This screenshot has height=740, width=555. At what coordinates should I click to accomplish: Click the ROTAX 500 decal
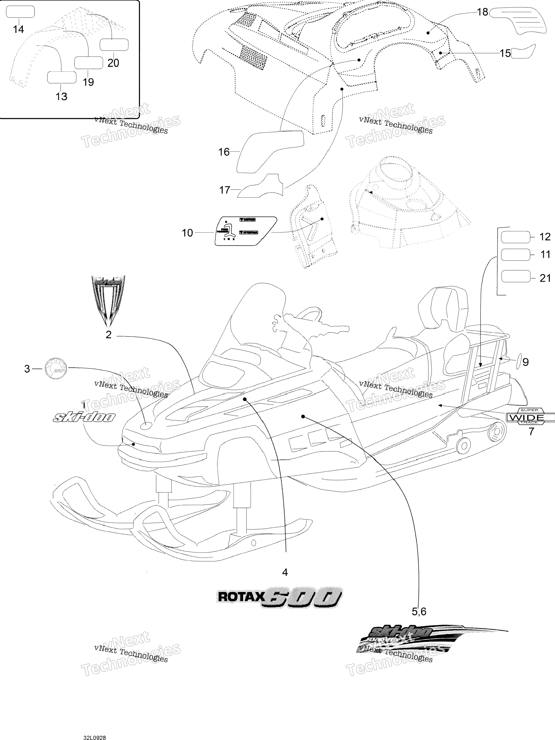(x=279, y=597)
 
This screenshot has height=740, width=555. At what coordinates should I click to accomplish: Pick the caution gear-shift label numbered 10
(x=246, y=231)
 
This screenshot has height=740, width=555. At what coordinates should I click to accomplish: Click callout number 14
(x=18, y=30)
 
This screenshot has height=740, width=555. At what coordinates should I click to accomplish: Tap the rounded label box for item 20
(x=114, y=45)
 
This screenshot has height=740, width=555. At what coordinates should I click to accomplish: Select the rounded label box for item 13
(x=62, y=77)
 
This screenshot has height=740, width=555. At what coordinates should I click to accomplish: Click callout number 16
(x=224, y=152)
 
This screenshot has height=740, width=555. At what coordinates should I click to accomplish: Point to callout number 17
(x=224, y=190)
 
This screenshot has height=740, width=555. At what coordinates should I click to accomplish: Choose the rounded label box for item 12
(x=515, y=237)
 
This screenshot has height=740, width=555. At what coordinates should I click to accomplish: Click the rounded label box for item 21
(x=516, y=277)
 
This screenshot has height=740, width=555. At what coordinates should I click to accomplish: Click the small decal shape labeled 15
(x=523, y=51)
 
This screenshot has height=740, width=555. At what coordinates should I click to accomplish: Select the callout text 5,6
(x=418, y=612)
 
